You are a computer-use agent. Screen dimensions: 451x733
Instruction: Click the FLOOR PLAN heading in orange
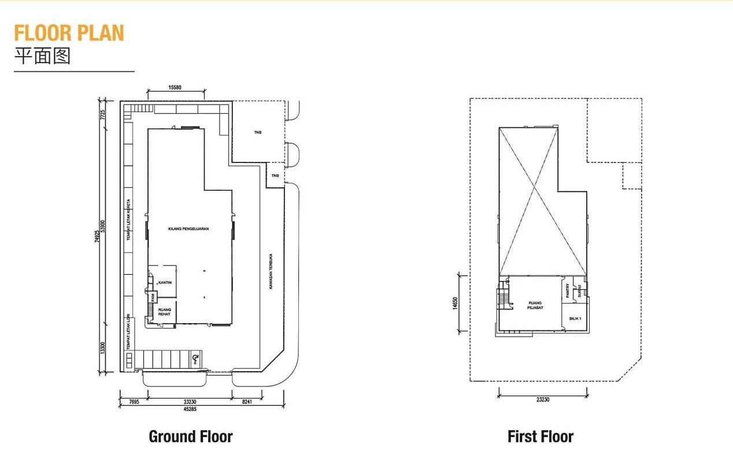click(x=69, y=33)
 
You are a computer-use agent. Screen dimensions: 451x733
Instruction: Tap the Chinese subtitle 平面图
click(x=42, y=56)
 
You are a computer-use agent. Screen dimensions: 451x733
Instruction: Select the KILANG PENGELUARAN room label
click(x=188, y=229)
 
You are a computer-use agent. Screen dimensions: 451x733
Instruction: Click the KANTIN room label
click(x=165, y=283)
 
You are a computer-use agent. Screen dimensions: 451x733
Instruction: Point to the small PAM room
click(x=153, y=297)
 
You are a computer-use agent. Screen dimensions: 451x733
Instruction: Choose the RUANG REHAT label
click(x=164, y=312)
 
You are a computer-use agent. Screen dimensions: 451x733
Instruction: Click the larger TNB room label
click(x=258, y=132)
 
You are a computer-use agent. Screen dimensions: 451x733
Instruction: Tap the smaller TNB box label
click(x=275, y=176)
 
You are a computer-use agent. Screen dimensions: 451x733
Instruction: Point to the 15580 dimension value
click(x=175, y=87)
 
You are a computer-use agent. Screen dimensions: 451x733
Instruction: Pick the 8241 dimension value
click(x=247, y=400)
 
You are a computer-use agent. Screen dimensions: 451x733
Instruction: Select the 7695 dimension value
click(x=134, y=400)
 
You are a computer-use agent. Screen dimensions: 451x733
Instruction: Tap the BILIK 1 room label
click(x=575, y=319)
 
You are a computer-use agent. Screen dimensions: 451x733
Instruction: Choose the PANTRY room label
click(x=568, y=290)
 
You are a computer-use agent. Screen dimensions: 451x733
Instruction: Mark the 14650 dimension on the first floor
click(x=456, y=303)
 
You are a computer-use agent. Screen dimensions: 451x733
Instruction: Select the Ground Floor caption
click(x=191, y=437)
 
